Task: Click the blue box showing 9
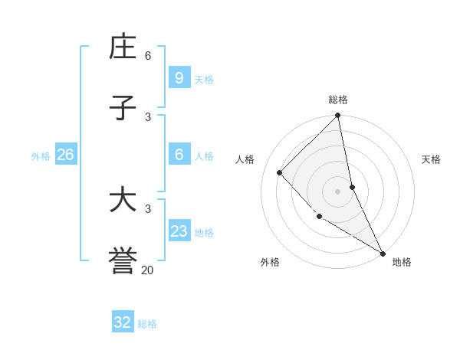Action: tap(179, 77)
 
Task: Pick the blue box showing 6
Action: tap(179, 155)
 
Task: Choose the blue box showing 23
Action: tap(179, 231)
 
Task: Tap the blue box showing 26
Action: tap(65, 155)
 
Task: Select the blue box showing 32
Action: tap(123, 322)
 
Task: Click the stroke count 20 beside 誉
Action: tap(148, 270)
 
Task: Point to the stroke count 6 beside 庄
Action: tap(148, 56)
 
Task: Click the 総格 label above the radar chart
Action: tap(338, 100)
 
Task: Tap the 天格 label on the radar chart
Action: tap(432, 159)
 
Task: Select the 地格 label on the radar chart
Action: tap(402, 262)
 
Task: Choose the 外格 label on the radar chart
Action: tap(270, 262)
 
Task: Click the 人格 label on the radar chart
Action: tap(245, 159)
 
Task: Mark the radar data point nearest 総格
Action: tap(338, 116)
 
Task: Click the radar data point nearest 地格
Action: tap(382, 253)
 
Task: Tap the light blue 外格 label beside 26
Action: tap(41, 155)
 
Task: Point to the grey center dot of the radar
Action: tap(338, 191)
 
